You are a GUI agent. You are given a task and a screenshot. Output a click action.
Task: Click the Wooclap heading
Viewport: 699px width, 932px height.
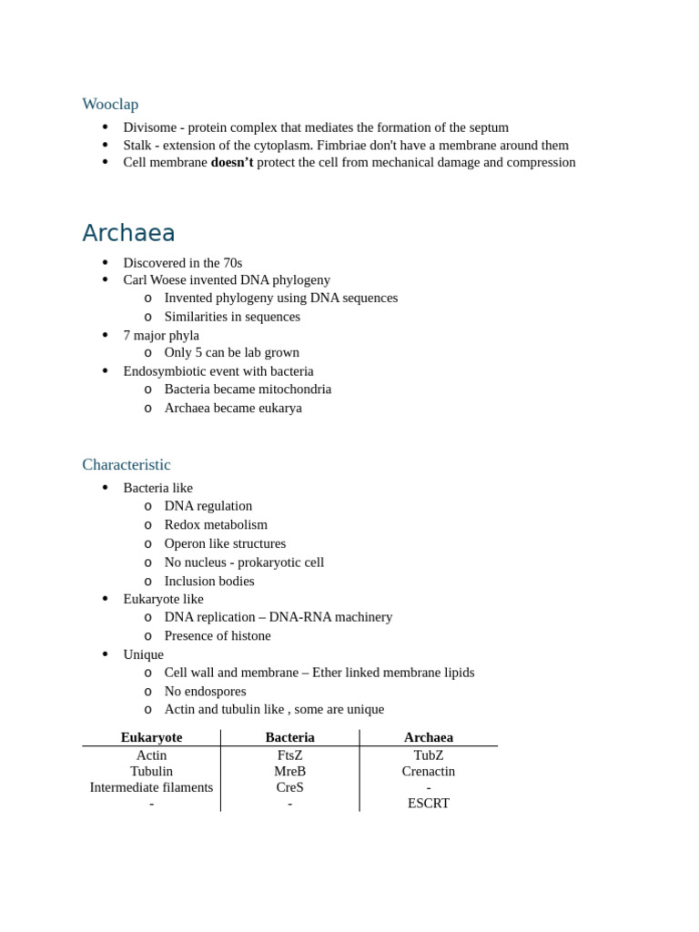(x=110, y=104)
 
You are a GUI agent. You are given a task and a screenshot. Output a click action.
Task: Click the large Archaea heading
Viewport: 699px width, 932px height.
(x=128, y=233)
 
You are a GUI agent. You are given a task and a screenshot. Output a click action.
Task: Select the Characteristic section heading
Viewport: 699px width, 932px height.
(x=126, y=464)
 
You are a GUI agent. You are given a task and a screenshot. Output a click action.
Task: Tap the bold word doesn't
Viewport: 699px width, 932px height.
(x=231, y=162)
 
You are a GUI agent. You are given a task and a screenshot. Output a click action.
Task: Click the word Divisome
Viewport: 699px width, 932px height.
(x=149, y=127)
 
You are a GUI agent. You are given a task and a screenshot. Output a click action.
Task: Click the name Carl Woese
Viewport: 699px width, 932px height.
(x=159, y=279)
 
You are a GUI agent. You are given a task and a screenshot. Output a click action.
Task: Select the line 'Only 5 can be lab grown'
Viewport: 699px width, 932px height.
(x=231, y=352)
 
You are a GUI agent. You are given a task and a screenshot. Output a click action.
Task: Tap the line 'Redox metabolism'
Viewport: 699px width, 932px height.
(x=216, y=524)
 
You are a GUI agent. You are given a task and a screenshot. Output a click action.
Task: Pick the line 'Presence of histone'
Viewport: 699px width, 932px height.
(x=218, y=635)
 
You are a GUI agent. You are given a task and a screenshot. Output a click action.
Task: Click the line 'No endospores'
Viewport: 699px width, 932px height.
(x=205, y=691)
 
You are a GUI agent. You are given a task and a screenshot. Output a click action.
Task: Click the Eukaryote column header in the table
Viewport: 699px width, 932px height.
(x=151, y=737)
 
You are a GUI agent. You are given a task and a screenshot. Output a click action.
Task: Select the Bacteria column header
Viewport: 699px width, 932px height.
(x=289, y=737)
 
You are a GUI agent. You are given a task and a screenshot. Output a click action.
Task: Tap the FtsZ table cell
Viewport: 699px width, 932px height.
(x=289, y=755)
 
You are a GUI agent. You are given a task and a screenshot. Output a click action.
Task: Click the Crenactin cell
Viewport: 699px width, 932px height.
(x=428, y=771)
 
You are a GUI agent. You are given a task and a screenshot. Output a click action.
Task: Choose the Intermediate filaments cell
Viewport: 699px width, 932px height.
(x=151, y=787)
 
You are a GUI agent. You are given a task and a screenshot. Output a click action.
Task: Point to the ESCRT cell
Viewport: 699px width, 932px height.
(x=428, y=803)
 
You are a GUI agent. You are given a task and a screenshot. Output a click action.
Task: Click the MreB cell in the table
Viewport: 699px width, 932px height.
(x=289, y=771)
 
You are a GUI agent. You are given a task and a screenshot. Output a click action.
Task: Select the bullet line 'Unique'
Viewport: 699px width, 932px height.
(x=143, y=654)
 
